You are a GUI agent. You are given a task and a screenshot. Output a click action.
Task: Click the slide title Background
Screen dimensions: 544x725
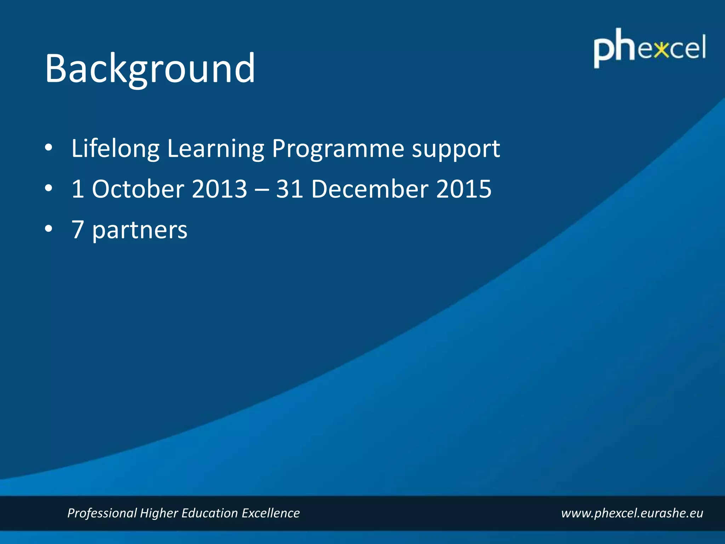tap(150, 68)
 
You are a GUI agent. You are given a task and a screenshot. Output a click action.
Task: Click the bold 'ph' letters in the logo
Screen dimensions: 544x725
tap(615, 48)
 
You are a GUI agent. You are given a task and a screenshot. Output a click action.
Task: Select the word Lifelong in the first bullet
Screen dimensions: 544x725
tap(115, 149)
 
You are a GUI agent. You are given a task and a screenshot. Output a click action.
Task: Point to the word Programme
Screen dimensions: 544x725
tap(338, 149)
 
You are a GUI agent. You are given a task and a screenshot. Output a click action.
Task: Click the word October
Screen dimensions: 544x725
tap(138, 189)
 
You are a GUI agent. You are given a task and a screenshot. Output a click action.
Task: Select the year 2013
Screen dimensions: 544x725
tap(219, 189)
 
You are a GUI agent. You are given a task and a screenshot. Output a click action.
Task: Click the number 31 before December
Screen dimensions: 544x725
tap(289, 189)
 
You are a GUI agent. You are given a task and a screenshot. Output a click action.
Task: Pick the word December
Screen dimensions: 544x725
tap(370, 189)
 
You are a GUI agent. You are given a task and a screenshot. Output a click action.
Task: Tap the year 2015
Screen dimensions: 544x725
tap(464, 189)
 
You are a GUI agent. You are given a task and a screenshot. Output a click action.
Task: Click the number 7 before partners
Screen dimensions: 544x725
tap(78, 230)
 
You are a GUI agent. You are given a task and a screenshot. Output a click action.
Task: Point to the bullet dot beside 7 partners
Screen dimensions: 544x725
tap(48, 228)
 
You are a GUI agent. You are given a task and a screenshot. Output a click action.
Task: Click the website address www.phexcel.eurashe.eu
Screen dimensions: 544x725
tap(632, 513)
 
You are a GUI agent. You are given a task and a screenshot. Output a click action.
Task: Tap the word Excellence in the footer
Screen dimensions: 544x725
tap(270, 513)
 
